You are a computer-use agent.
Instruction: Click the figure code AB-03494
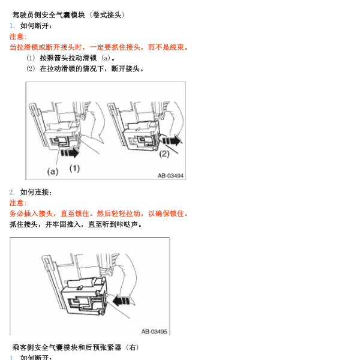click(170, 176)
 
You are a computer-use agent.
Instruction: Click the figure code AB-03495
click(154, 331)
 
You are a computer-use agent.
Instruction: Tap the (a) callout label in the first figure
click(53, 172)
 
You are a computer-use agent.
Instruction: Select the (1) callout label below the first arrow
click(74, 169)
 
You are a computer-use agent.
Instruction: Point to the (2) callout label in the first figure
click(164, 154)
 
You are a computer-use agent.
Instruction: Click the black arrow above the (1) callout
click(70, 152)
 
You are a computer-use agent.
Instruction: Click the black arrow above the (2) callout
click(172, 140)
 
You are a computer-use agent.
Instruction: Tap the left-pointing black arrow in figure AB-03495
click(122, 301)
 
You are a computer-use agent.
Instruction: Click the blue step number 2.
click(12, 192)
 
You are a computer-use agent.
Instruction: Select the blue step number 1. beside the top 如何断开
click(12, 26)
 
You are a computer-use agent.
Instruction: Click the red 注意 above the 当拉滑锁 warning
click(18, 37)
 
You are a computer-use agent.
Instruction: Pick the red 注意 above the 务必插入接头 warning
click(18, 203)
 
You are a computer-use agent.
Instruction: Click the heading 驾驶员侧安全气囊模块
click(49, 15)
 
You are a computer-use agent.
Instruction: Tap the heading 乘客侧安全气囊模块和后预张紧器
click(67, 347)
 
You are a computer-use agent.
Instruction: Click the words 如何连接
click(35, 192)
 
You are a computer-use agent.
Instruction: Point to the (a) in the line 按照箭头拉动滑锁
click(106, 58)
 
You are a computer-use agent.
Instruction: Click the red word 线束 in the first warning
click(177, 47)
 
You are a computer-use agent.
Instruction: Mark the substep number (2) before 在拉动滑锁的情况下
click(31, 68)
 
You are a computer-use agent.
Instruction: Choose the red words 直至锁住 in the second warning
click(75, 214)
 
